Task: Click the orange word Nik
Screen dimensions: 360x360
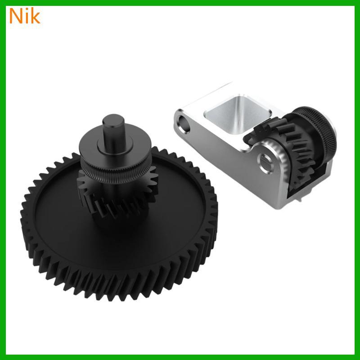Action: click(25, 16)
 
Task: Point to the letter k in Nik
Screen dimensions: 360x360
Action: click(35, 16)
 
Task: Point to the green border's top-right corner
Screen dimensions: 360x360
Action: click(357, 3)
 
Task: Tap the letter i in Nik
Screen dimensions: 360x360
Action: click(26, 16)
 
